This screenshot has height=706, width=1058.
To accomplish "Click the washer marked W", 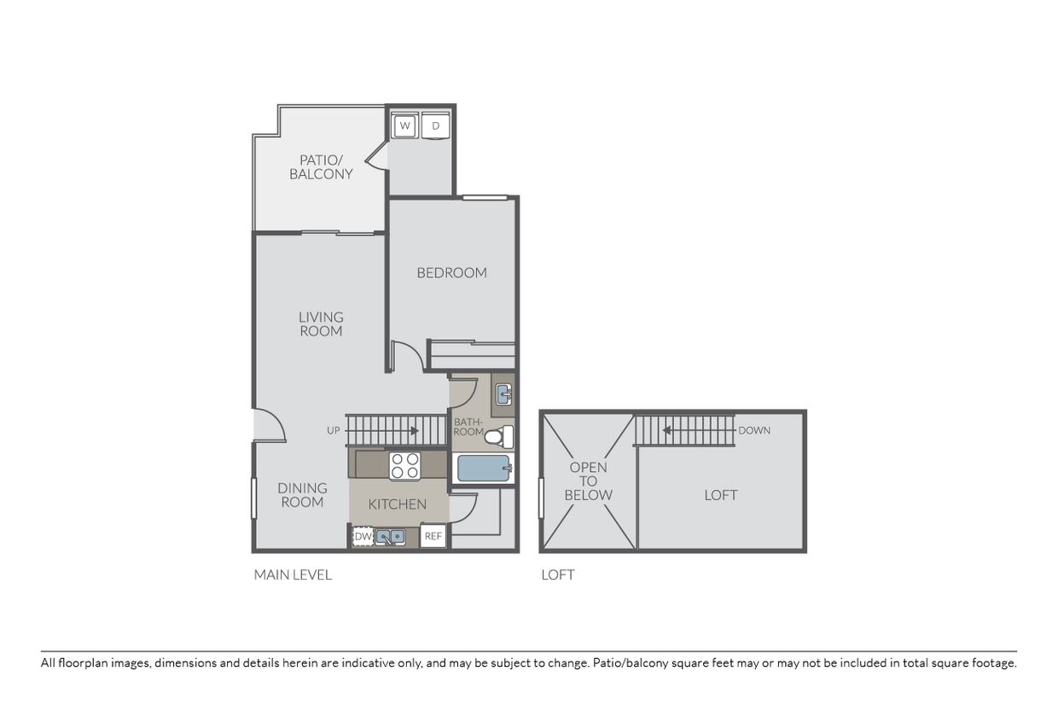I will [404, 126].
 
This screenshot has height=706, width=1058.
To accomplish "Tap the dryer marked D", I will [436, 126].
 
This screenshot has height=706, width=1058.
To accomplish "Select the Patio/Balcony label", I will [321, 166].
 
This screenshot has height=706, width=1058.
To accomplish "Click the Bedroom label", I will [451, 273].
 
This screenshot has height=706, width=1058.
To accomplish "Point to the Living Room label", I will [321, 324].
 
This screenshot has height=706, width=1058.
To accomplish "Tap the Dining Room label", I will [302, 495].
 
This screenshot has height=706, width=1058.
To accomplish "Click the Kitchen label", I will [397, 505].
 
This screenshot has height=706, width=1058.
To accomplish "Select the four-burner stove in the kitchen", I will [404, 466].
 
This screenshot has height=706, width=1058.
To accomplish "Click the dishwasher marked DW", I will [363, 537].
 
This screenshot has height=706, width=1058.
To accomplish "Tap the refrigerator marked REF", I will [433, 536].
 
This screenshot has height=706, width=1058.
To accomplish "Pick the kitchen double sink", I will [391, 537].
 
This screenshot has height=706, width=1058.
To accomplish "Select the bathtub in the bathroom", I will [484, 468].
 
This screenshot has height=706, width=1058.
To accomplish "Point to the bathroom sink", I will [503, 394].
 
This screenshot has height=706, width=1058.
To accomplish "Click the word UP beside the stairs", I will [333, 430].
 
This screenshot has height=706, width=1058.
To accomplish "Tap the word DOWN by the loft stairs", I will [754, 430].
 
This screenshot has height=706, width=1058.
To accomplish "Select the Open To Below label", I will [589, 481].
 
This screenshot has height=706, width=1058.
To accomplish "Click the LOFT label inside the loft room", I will [721, 495].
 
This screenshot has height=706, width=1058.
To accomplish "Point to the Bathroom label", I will [468, 427].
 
